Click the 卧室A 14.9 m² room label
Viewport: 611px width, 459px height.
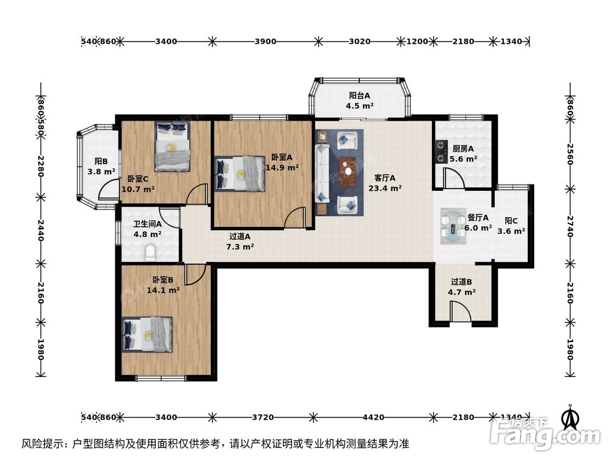[282, 162]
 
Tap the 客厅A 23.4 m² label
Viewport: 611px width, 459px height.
[385, 183]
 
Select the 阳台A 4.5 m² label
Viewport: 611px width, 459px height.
[360, 100]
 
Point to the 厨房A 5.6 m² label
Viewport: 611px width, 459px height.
[463, 153]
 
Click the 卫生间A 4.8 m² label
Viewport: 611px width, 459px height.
[147, 228]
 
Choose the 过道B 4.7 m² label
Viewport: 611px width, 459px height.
[462, 287]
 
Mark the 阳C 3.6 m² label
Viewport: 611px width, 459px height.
[511, 226]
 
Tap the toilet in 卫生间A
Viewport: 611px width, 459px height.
[150, 251]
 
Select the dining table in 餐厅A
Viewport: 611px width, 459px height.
[453, 224]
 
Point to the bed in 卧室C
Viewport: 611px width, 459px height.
[173, 146]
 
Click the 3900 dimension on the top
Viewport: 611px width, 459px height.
[265, 42]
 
